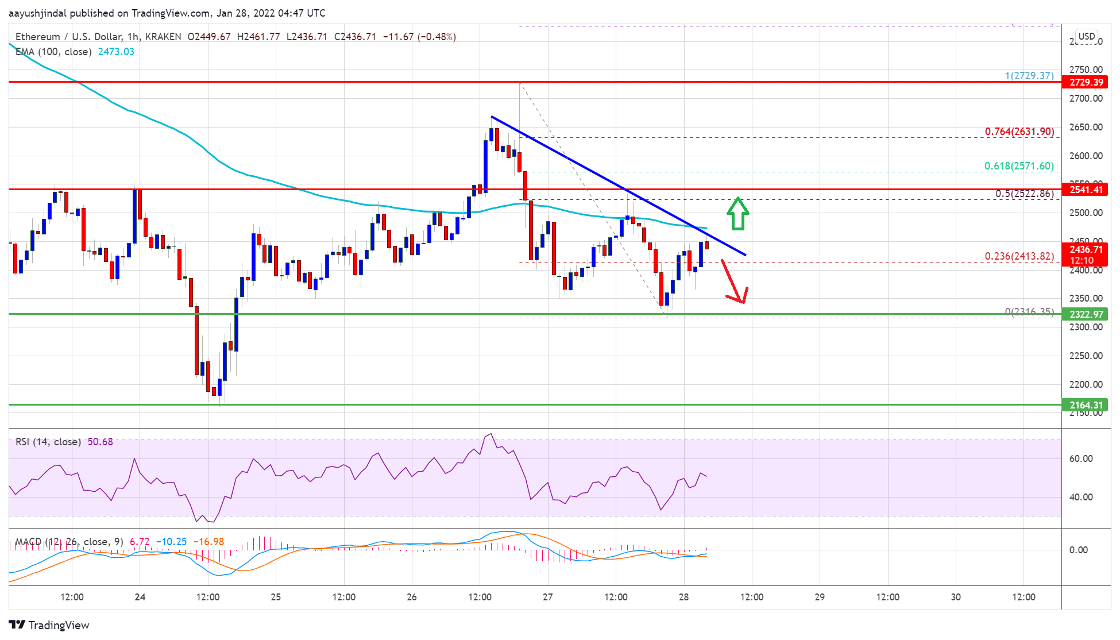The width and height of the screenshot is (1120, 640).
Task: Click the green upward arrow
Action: (x=737, y=214)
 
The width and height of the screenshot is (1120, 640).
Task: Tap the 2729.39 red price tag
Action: (x=1086, y=82)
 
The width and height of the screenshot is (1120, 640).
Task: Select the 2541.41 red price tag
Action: (x=1086, y=190)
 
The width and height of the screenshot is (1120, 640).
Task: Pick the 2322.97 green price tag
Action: (x=1086, y=314)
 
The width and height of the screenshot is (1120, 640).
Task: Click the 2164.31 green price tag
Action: (x=1086, y=405)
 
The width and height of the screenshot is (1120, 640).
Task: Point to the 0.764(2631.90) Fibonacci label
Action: (x=1019, y=132)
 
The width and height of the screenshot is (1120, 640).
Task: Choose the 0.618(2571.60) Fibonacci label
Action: (x=1019, y=166)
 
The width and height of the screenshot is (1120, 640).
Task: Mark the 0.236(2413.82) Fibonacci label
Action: (x=1019, y=256)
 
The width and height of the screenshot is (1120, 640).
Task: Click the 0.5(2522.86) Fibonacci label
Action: (x=1024, y=194)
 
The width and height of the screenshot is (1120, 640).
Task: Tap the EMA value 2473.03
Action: (x=116, y=52)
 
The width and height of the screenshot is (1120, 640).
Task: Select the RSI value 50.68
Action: (x=100, y=442)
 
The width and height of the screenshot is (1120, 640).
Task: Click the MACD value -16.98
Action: (x=208, y=542)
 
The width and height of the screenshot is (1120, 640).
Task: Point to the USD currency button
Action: (x=1086, y=36)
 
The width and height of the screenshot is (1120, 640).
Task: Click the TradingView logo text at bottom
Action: (x=59, y=625)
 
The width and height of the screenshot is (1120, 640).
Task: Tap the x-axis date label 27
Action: (x=548, y=597)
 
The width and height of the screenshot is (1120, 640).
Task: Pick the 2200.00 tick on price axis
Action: (x=1086, y=384)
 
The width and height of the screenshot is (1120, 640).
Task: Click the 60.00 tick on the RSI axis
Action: (x=1080, y=458)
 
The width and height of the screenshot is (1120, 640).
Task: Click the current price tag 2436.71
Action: (x=1086, y=249)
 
